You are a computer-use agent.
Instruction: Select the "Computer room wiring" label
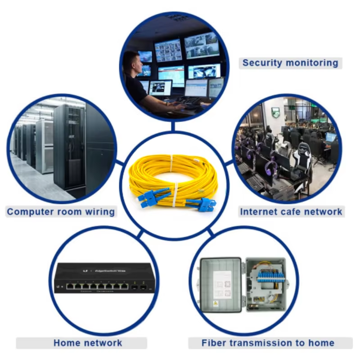pos(61,211)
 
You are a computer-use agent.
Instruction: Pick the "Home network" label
pos(88,343)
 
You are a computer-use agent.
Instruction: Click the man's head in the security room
pos(131,62)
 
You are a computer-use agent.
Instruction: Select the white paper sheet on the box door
pos(222,285)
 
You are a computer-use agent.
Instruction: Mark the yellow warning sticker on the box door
pos(215,303)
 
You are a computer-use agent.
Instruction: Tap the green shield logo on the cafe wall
pos(275,112)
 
